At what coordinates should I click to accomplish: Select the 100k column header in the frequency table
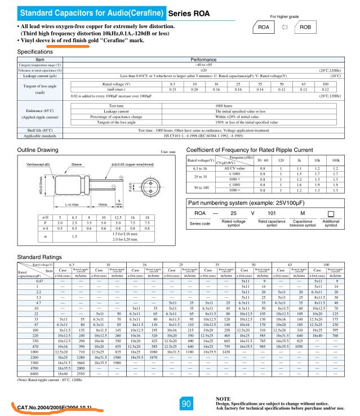tap(336, 161)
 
